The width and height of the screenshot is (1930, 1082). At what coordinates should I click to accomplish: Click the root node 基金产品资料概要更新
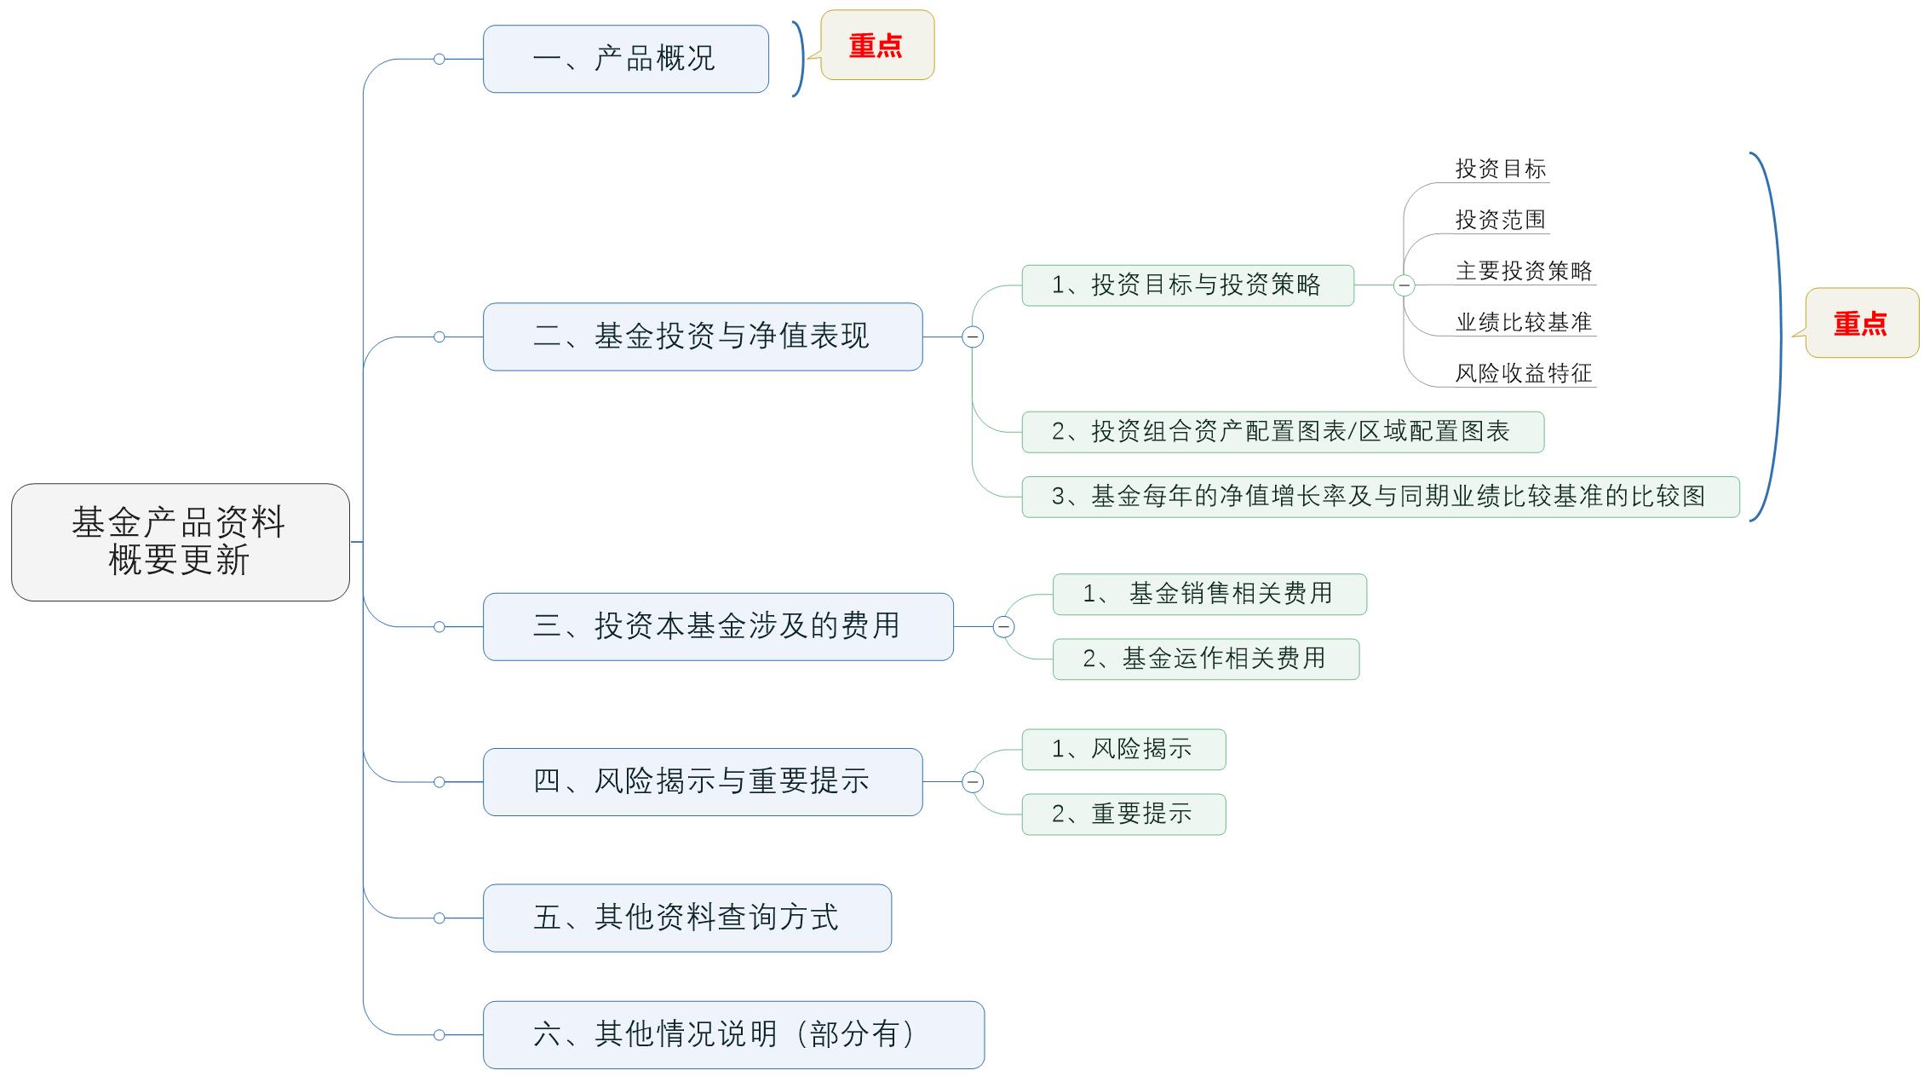pos(181,542)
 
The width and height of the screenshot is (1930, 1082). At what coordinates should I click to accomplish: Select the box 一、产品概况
pos(625,59)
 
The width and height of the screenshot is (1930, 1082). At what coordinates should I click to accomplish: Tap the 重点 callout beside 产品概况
pos(877,45)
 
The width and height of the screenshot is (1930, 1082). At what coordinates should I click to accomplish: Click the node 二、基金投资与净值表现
pos(702,337)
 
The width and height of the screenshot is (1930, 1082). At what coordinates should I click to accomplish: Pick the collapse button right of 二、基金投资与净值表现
pos(973,337)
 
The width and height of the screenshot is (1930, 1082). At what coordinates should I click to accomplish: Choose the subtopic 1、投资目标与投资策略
pos(1187,285)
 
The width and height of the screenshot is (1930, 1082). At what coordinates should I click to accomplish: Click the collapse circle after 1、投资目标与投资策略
pos(1404,285)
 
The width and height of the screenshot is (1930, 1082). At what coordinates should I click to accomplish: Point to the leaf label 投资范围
pos(1500,220)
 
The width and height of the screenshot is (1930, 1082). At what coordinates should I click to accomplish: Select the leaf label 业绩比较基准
pos(1524,322)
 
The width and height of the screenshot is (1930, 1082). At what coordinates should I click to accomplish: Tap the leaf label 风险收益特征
pos(1524,373)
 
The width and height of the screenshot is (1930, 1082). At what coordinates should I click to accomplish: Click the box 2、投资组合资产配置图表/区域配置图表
pos(1282,432)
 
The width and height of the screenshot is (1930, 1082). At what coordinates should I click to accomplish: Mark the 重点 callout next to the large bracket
pos(1862,324)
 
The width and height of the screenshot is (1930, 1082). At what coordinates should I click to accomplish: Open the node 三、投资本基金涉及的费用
pos(717,626)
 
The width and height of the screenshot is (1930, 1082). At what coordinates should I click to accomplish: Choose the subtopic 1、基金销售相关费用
pos(1209,594)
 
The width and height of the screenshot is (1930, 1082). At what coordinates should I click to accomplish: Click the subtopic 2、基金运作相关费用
pos(1205,659)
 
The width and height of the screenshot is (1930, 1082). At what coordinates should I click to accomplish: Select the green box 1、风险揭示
pos(1123,749)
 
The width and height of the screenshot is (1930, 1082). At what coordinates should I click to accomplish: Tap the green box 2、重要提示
pos(1123,814)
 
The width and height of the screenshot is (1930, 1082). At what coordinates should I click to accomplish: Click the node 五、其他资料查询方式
pos(686,918)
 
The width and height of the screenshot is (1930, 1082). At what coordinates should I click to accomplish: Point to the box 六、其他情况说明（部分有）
pos(732,1034)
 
